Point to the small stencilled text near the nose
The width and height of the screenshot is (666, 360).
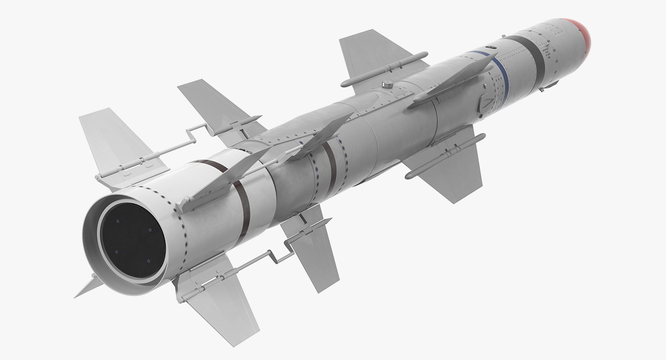[547, 52]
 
